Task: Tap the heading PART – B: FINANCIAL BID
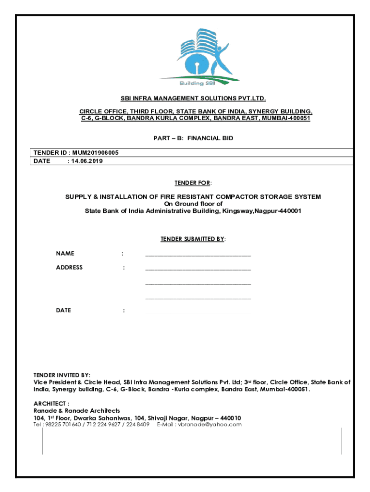click(x=193, y=138)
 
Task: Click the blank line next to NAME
click(x=197, y=254)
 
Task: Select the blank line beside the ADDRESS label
click(x=197, y=268)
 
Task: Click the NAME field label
click(x=65, y=254)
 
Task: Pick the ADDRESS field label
click(x=69, y=268)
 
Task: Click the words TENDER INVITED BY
click(x=62, y=375)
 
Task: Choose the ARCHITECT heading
click(x=51, y=404)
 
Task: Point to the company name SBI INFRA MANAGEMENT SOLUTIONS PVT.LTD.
click(x=193, y=98)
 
